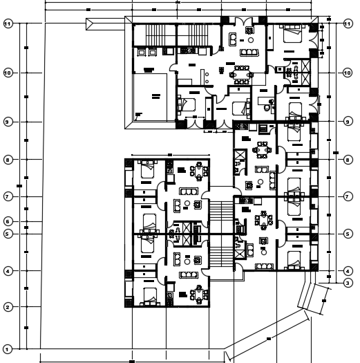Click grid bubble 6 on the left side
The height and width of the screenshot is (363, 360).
(x=8, y=221)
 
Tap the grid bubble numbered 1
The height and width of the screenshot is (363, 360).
(x=8, y=349)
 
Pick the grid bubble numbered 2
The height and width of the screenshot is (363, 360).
(x=8, y=306)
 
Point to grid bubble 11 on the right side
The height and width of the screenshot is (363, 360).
(x=348, y=24)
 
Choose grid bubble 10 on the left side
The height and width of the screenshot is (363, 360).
(x=8, y=72)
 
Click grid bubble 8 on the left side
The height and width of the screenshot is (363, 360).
(x=8, y=160)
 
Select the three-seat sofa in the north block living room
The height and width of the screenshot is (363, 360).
(x=247, y=52)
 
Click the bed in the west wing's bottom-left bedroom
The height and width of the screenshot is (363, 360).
(x=147, y=296)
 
